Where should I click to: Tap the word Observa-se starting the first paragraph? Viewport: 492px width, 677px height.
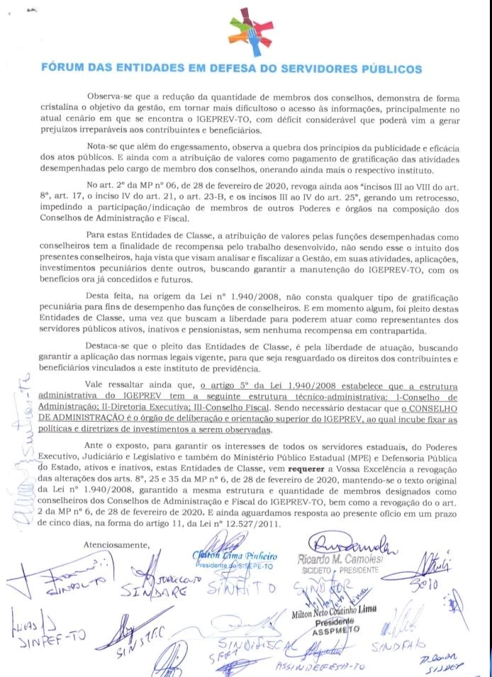(111, 96)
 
